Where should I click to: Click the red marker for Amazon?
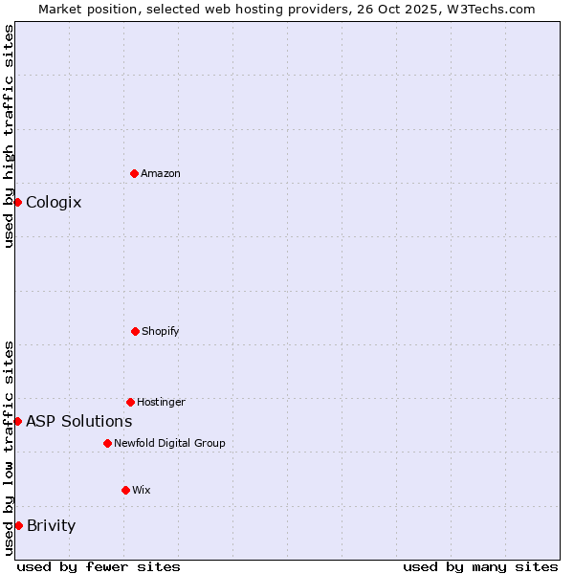[x=135, y=173]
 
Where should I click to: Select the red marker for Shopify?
[x=135, y=331]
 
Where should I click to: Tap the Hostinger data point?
[x=130, y=402]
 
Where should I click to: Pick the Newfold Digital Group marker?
[x=107, y=443]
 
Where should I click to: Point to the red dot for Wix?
[x=125, y=490]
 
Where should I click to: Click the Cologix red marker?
[x=17, y=202]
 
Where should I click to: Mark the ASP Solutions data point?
[x=17, y=421]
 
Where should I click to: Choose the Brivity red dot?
[x=18, y=525]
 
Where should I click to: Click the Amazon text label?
[x=161, y=173]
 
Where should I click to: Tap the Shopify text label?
[x=161, y=331]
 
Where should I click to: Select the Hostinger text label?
[x=161, y=402]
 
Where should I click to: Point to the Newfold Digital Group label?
[x=169, y=443]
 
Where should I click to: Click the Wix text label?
[x=142, y=490]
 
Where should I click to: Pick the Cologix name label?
[x=54, y=202]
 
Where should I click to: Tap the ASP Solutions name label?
[x=78, y=421]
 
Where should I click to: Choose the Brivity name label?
[x=51, y=525]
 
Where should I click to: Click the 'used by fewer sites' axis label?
[x=99, y=566]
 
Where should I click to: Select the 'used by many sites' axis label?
[x=480, y=566]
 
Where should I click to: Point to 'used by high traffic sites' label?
[x=9, y=136]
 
